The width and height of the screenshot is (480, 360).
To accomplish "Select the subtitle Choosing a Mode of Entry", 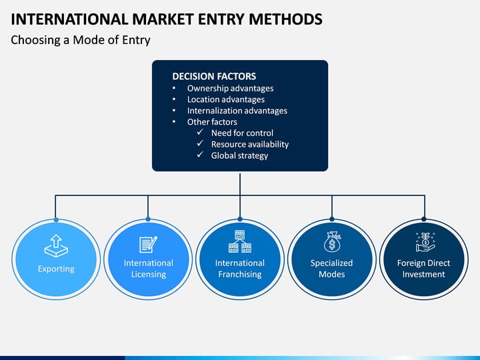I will click(x=81, y=40).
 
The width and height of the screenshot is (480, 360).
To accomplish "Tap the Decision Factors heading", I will click(x=214, y=76).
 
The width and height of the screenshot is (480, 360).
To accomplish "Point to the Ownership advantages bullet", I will click(x=230, y=88).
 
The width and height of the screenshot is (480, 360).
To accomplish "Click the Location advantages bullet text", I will click(x=225, y=99).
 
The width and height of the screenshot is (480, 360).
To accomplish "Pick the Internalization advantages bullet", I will click(x=237, y=111).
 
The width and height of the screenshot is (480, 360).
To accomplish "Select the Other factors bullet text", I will click(x=212, y=122).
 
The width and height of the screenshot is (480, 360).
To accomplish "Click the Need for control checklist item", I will click(x=242, y=133).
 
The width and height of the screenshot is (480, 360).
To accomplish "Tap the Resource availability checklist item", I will click(x=249, y=144).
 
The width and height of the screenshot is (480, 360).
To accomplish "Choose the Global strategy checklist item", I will click(x=239, y=155).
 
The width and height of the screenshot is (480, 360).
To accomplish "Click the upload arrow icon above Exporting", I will click(x=56, y=245).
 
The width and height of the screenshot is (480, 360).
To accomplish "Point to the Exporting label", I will click(x=56, y=269).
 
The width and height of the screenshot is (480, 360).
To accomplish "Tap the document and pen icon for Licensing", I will click(x=148, y=244).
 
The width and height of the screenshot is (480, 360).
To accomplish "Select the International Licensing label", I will click(x=148, y=269).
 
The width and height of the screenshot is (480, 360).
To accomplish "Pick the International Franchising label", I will click(x=240, y=269).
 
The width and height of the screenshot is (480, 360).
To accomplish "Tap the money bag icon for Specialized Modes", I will click(x=332, y=241).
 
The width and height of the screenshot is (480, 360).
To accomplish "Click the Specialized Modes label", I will click(x=332, y=269).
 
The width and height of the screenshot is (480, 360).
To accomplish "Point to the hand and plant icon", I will click(x=423, y=241).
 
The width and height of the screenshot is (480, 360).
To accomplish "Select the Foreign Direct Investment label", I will click(x=423, y=269).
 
